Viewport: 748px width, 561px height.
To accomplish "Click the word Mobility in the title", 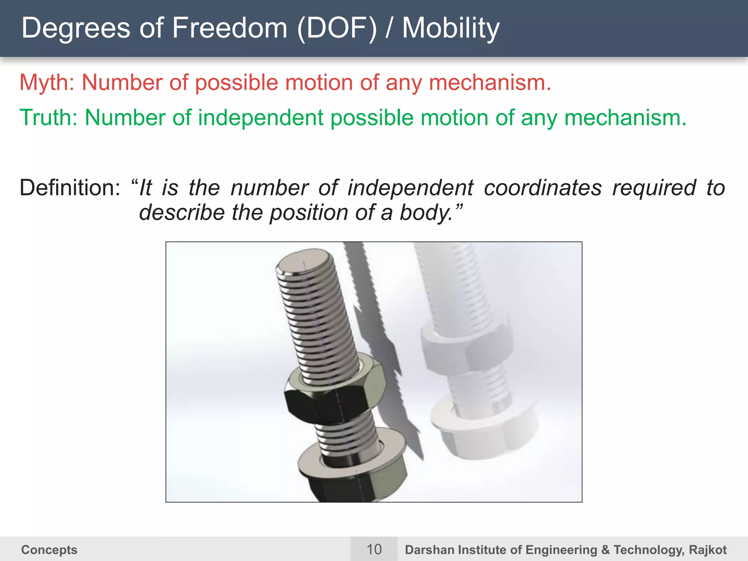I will (451, 28).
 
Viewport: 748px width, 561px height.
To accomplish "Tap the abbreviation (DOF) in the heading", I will (337, 28).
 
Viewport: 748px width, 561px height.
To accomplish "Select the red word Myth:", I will (47, 83).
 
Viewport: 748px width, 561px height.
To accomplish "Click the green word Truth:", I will (48, 118).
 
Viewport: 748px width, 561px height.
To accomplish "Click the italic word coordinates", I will (543, 188).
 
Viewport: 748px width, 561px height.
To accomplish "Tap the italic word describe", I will (182, 213).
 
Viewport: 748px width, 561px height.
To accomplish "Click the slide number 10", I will (374, 549).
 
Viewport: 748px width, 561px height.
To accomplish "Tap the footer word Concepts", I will (49, 550).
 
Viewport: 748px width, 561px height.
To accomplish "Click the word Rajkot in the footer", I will (707, 550).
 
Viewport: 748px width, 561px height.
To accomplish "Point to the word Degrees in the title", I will (76, 28).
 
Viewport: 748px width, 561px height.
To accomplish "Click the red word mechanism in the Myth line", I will (489, 83).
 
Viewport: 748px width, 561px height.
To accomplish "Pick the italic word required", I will (654, 188).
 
